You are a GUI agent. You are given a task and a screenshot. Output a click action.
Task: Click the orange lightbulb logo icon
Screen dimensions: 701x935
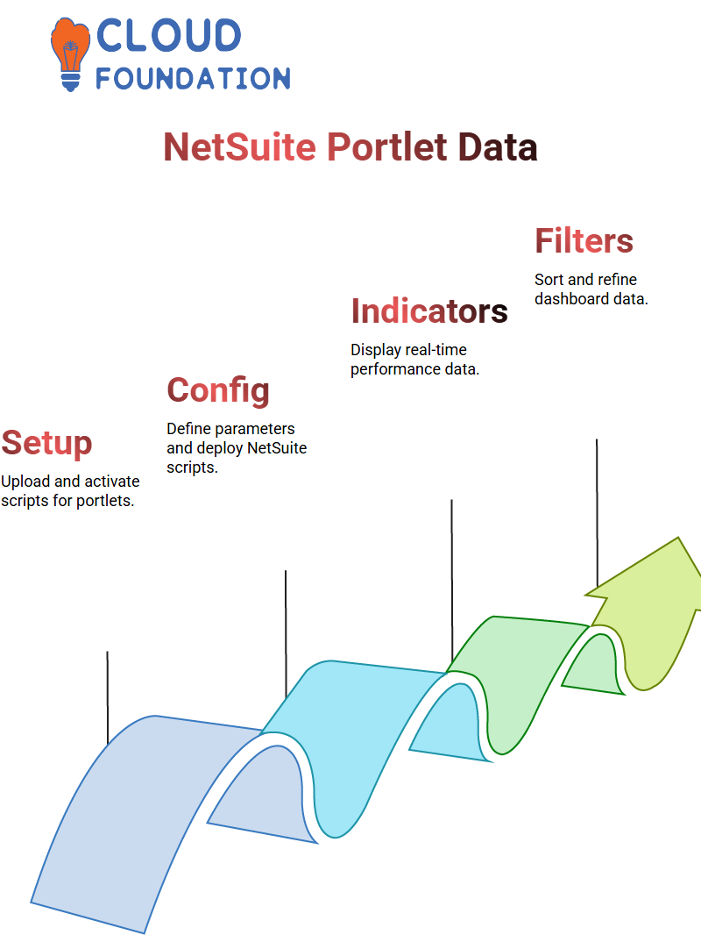click(70, 54)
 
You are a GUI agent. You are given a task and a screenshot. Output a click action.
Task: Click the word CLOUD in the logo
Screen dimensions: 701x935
click(168, 35)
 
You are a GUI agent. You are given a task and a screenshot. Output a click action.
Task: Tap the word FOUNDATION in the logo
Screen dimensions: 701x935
click(193, 78)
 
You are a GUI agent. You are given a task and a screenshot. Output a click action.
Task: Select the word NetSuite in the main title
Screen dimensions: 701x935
click(239, 146)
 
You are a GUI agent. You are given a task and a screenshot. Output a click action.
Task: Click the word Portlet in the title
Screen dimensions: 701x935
click(387, 146)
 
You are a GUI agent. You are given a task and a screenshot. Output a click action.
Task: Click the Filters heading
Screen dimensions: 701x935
click(584, 241)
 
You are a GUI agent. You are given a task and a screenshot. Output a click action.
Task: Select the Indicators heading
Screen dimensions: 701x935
click(428, 311)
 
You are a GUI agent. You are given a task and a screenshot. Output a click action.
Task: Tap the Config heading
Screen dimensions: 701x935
click(218, 391)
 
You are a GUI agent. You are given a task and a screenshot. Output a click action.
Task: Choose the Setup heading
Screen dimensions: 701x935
click(46, 444)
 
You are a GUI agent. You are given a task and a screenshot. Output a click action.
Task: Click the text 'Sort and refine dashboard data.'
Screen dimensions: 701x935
click(591, 289)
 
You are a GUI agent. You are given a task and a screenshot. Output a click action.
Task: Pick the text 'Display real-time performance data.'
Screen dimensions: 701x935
click(414, 360)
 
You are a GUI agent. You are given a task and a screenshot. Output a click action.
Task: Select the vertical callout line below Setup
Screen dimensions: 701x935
click(107, 697)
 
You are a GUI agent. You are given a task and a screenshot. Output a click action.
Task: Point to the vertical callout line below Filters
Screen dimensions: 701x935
click(597, 513)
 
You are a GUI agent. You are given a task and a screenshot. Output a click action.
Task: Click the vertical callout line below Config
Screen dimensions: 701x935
click(286, 634)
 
